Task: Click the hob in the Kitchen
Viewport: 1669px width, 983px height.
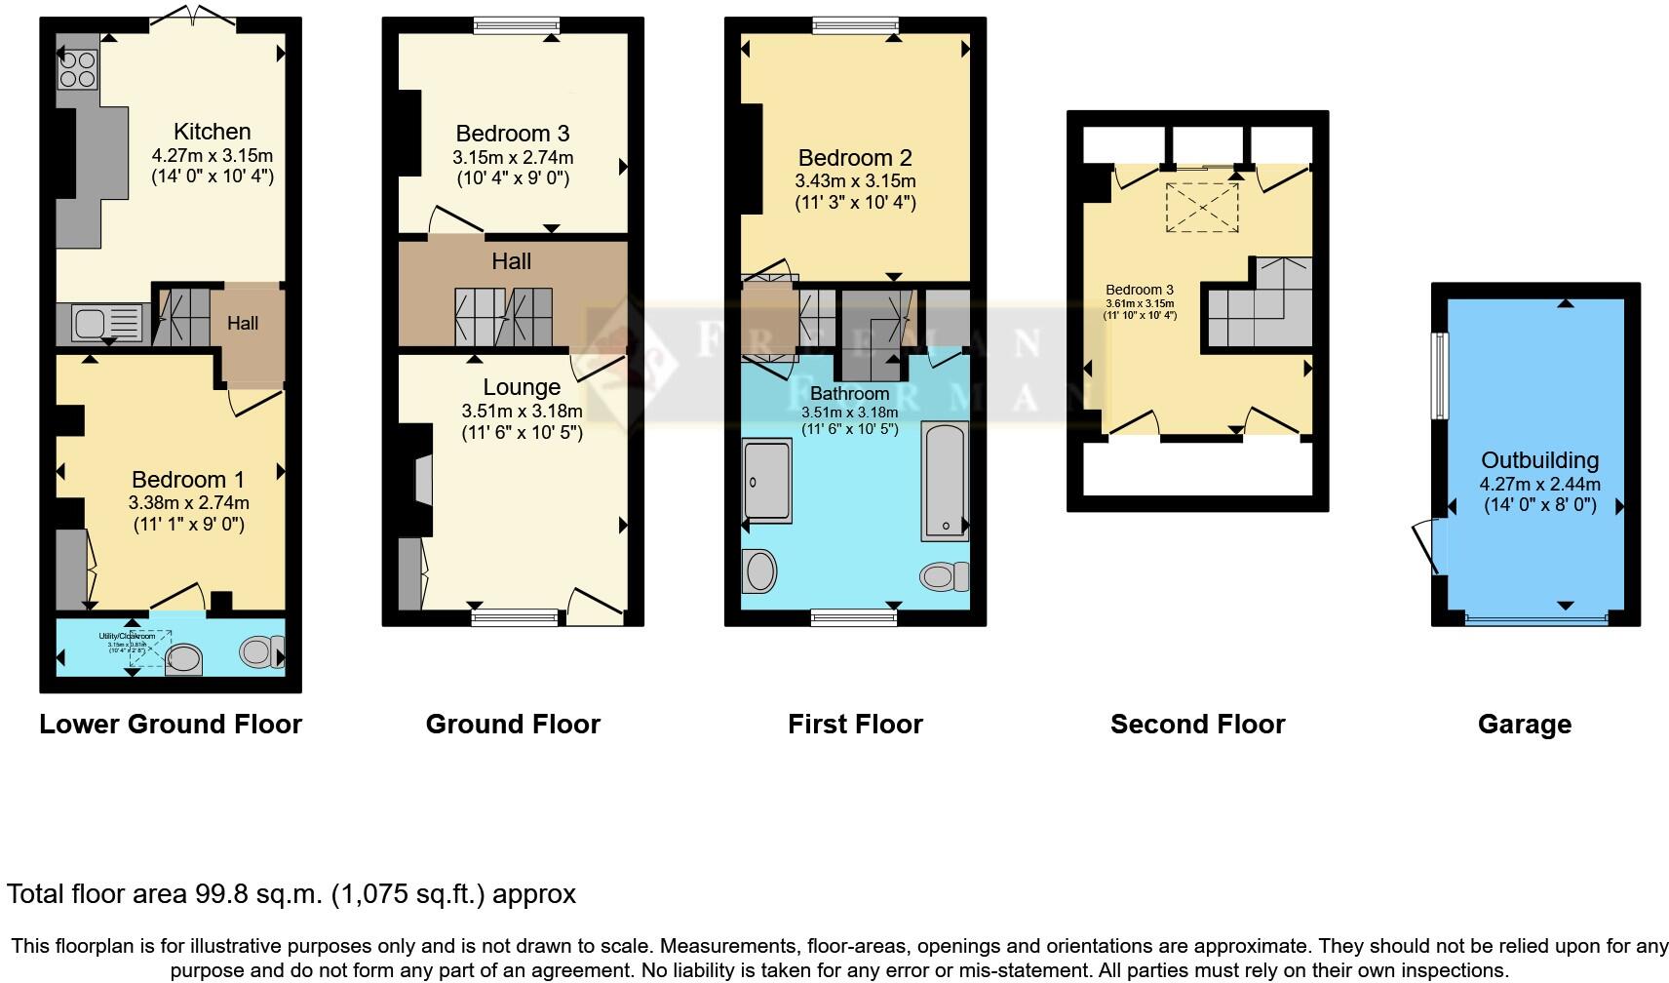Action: click(x=78, y=68)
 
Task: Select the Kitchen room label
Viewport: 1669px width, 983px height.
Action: click(x=212, y=132)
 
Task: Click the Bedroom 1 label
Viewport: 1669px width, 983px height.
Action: click(x=188, y=480)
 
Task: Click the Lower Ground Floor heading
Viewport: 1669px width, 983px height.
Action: click(x=171, y=725)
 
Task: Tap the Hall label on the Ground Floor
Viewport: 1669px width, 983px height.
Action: click(x=511, y=261)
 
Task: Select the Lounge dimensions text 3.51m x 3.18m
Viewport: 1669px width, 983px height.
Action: click(x=522, y=411)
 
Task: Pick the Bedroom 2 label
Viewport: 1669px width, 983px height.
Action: click(x=855, y=158)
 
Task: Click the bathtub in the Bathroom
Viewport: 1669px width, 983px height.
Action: click(x=945, y=481)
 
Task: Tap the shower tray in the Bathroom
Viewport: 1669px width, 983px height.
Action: click(x=767, y=481)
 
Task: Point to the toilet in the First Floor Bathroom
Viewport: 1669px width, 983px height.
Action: click(x=944, y=576)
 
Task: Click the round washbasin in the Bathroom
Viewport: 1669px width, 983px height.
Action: click(x=759, y=571)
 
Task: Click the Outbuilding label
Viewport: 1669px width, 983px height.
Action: click(x=1539, y=460)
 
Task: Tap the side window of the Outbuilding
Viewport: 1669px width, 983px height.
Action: click(x=1439, y=375)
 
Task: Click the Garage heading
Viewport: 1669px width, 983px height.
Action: click(x=1524, y=725)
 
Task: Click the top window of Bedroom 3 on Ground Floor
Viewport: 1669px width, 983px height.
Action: click(x=516, y=25)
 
